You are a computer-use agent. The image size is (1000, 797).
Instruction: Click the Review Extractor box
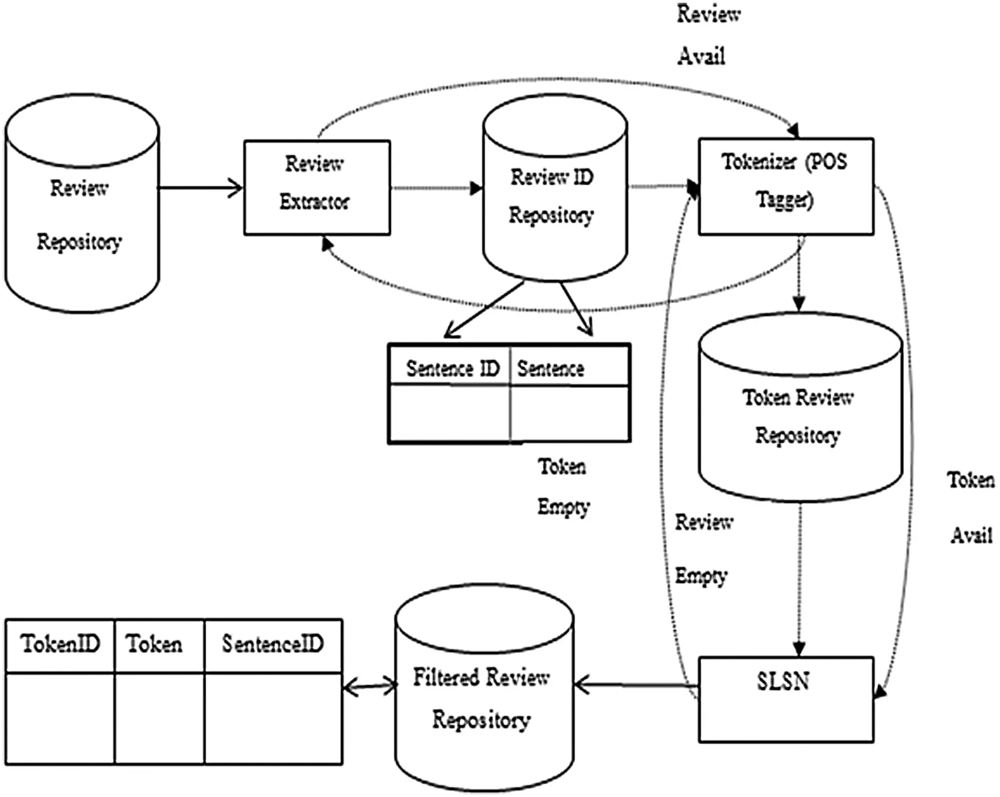pos(316,187)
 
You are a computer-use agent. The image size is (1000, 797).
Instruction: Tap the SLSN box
pos(785,699)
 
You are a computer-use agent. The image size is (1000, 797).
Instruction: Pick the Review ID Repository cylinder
pos(554,196)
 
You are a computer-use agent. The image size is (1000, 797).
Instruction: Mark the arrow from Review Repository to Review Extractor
pos(200,187)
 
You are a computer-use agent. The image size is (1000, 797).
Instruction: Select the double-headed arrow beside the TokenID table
pos(369,687)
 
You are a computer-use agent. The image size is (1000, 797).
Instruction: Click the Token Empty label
pos(562,486)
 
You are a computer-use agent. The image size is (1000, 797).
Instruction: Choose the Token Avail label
pos(970,507)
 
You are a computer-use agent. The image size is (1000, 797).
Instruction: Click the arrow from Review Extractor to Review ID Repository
pos(435,188)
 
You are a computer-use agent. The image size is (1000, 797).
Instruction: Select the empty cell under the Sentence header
pos(570,414)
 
